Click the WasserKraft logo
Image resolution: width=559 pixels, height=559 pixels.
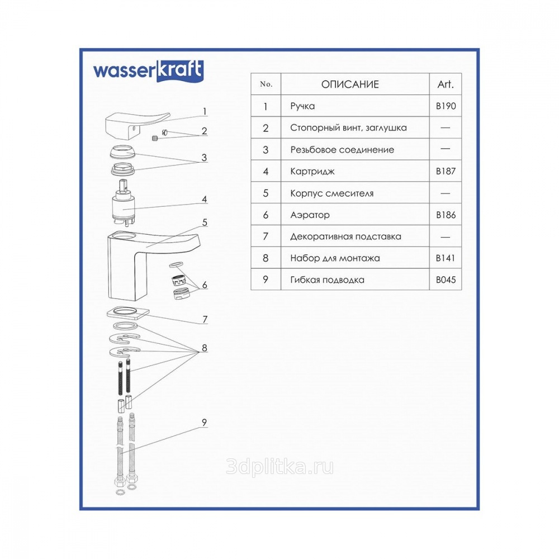148,70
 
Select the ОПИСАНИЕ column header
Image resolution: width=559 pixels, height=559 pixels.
350,84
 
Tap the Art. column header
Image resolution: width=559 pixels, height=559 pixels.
446,84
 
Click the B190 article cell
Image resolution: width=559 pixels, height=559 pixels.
446,106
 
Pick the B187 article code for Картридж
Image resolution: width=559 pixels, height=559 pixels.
446,171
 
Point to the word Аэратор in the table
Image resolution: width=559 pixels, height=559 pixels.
310,215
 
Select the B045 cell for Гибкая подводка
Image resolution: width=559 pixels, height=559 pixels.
446,280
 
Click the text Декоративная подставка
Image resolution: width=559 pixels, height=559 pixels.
345,236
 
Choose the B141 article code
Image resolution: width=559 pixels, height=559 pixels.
446,258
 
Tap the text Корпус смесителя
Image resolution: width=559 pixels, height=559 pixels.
332,193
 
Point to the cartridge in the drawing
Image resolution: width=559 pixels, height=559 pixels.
123,202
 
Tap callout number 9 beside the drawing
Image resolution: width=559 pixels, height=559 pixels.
204,423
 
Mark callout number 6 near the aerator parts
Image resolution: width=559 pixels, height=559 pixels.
205,285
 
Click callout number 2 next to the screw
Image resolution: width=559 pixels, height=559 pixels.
204,131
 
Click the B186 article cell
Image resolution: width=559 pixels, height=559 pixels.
446,215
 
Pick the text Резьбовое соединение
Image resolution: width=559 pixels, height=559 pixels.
342,150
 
